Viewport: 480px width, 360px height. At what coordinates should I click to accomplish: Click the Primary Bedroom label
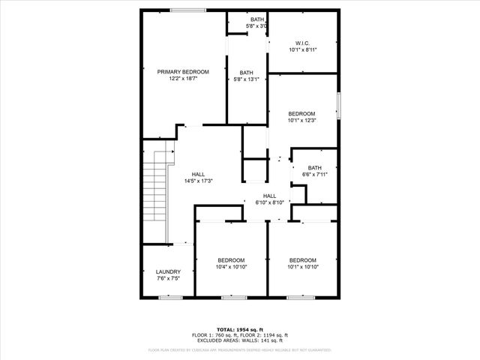coord(183,72)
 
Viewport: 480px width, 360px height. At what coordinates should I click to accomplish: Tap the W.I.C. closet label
coord(302,43)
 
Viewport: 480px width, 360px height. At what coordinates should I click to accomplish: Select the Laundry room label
coord(168,271)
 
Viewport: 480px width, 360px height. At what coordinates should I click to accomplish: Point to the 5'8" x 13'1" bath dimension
coord(247,79)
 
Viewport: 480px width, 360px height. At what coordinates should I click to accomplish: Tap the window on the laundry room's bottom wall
coord(169,297)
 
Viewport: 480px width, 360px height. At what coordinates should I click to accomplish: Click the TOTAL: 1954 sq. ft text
coord(239,329)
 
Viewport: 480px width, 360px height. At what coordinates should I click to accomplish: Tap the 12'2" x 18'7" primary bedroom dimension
coord(183,79)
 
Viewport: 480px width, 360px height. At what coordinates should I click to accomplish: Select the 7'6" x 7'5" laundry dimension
coord(168,278)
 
